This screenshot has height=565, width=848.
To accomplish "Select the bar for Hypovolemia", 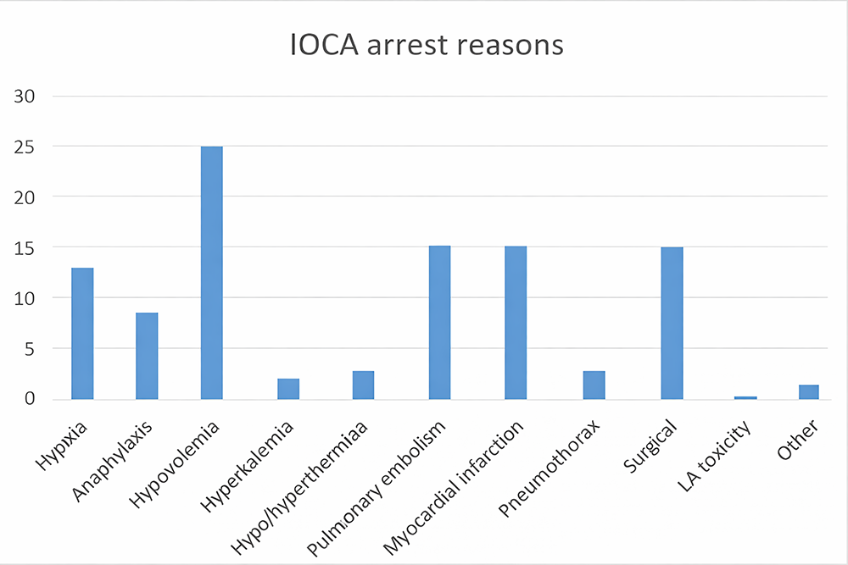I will click(211, 273).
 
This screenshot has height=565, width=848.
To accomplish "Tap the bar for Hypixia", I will click(82, 333).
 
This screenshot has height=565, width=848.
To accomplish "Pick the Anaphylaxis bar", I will click(147, 356).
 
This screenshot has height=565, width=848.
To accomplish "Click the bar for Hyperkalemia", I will click(288, 389).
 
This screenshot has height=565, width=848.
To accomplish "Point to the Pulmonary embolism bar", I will click(439, 323).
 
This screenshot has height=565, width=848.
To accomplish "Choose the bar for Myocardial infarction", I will click(516, 323).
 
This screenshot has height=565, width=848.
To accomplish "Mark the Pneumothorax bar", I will click(594, 385).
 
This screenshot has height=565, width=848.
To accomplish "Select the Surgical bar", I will click(672, 323).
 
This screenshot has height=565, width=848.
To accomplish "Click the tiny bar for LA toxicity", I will click(745, 397).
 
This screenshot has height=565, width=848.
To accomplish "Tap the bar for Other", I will click(808, 392).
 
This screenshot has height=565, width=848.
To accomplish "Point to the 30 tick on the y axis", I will click(26, 96).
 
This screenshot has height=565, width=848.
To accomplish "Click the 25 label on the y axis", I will click(26, 147).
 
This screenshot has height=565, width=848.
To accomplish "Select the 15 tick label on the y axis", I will click(26, 247).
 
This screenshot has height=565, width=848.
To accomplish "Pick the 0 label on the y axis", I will click(31, 399).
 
